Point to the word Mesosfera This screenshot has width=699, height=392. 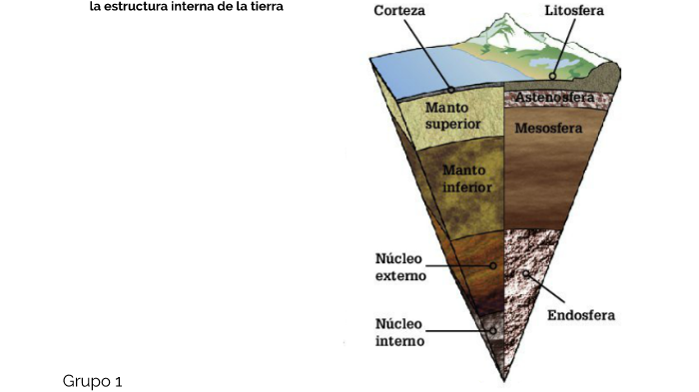point(548,128)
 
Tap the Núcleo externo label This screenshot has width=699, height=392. point(400,267)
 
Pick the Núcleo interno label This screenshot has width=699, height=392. point(399,332)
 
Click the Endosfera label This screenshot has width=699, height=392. point(581,316)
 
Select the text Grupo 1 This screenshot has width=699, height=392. point(92,381)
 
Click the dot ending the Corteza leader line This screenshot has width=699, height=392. point(451,88)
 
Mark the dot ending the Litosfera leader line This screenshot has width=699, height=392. point(551,77)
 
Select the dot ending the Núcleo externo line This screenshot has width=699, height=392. point(492,265)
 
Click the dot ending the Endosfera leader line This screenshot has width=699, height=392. point(523,273)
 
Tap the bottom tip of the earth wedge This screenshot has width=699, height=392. point(505,380)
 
